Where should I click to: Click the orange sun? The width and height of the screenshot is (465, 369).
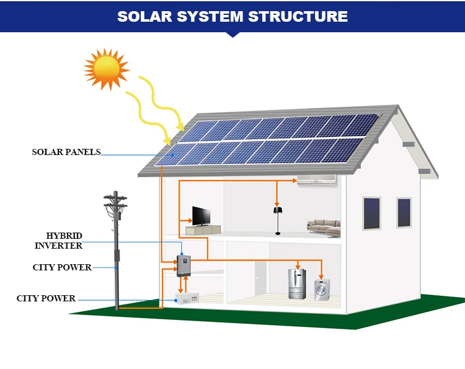(106, 69)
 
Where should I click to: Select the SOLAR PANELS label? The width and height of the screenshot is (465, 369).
(66, 152)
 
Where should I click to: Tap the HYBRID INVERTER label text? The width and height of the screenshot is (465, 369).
(59, 241)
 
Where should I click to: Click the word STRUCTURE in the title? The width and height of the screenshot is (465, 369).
(298, 16)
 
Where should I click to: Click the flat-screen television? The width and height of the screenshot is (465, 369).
(201, 216)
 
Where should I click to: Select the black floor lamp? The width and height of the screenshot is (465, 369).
(277, 216)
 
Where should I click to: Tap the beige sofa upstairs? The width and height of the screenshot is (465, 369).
(323, 226)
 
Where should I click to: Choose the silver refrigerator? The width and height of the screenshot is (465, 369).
(298, 284)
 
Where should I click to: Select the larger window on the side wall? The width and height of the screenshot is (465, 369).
(371, 214)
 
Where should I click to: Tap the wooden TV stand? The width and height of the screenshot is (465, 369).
(202, 230)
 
